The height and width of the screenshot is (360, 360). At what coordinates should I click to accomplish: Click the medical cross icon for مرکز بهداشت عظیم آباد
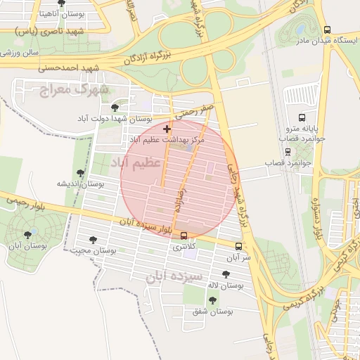click(167, 129)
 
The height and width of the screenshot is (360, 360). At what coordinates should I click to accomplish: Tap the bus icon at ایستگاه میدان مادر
click(327, 30)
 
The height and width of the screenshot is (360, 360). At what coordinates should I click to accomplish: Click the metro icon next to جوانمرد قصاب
click(288, 151)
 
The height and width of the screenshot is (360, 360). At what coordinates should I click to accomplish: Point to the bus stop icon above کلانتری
click(184, 236)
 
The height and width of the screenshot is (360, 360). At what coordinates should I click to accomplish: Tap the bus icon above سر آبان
click(239, 247)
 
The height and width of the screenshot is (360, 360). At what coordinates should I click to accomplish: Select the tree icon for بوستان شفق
click(212, 300)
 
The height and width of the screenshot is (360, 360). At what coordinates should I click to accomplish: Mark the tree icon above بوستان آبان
click(27, 235)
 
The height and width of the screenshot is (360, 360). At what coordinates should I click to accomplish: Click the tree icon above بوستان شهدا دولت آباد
click(115, 107)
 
